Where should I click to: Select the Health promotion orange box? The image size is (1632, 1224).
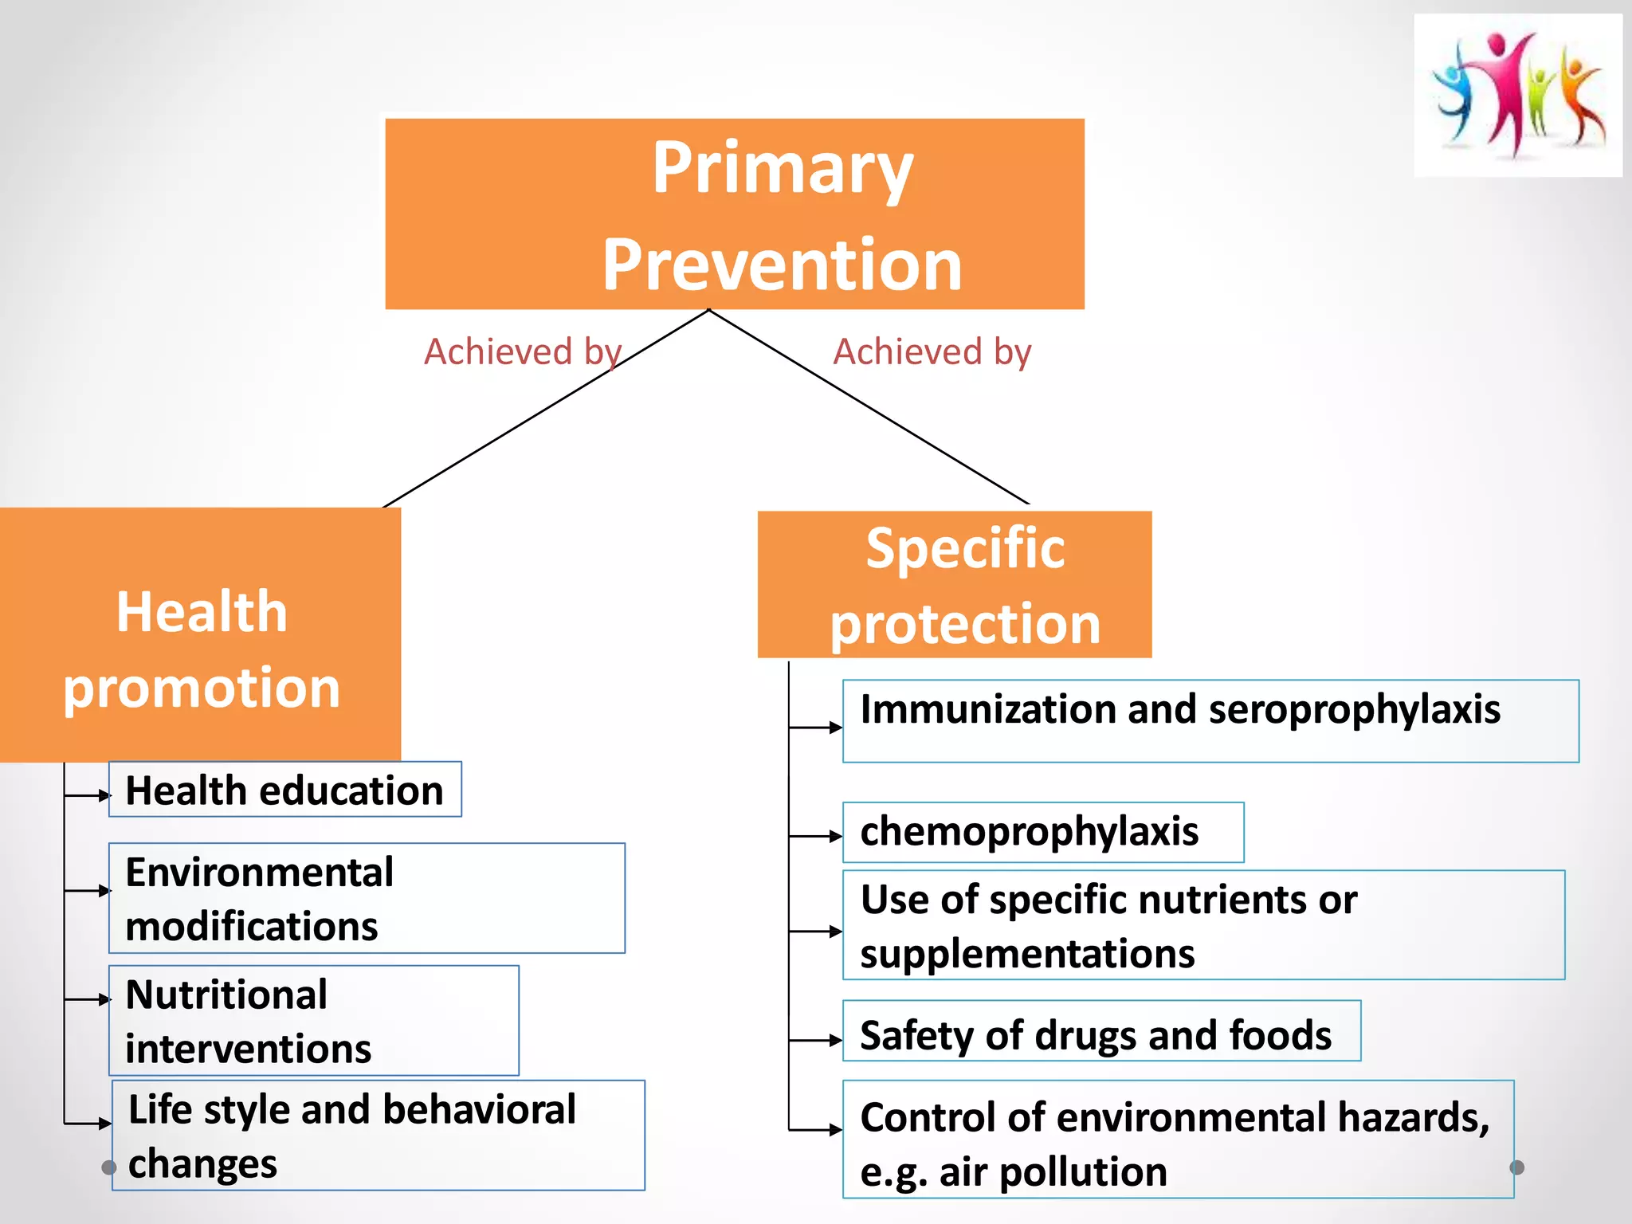coord(200,634)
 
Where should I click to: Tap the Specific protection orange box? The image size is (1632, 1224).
coord(954,584)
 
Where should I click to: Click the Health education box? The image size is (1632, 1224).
coord(284,790)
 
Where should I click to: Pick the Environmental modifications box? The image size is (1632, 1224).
coord(367,898)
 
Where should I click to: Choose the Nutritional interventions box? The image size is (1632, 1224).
coord(313,1021)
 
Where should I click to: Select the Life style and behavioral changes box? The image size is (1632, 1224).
coord(378,1135)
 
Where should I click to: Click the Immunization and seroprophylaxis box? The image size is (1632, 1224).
coord(1210,720)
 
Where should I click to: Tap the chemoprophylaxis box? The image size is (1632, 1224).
coord(1042,832)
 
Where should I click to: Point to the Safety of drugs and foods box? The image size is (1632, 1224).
coord(1100,1031)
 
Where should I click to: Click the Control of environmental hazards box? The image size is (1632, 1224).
coord(1177,1139)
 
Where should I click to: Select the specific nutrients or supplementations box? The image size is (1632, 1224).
coord(1203,925)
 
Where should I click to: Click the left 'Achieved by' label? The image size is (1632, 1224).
coord(522,351)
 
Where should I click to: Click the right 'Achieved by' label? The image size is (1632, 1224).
coord(932,351)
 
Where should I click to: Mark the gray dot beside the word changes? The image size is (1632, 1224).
coord(109,1167)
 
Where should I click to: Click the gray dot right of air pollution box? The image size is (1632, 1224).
coord(1516,1167)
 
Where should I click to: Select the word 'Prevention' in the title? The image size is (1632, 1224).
coord(782,265)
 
